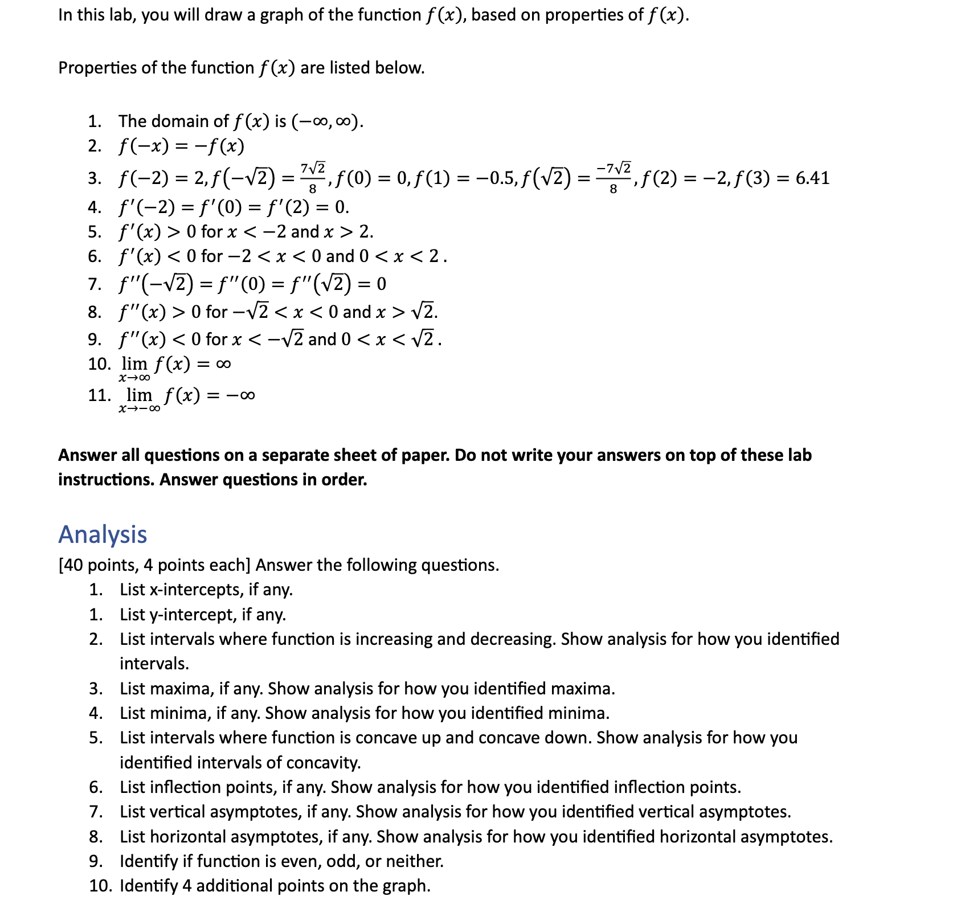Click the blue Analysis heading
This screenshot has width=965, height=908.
click(x=103, y=534)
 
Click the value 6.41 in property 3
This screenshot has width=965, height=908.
click(x=812, y=178)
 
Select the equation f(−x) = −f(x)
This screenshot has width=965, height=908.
click(x=181, y=146)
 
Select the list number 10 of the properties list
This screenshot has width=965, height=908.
click(x=99, y=364)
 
